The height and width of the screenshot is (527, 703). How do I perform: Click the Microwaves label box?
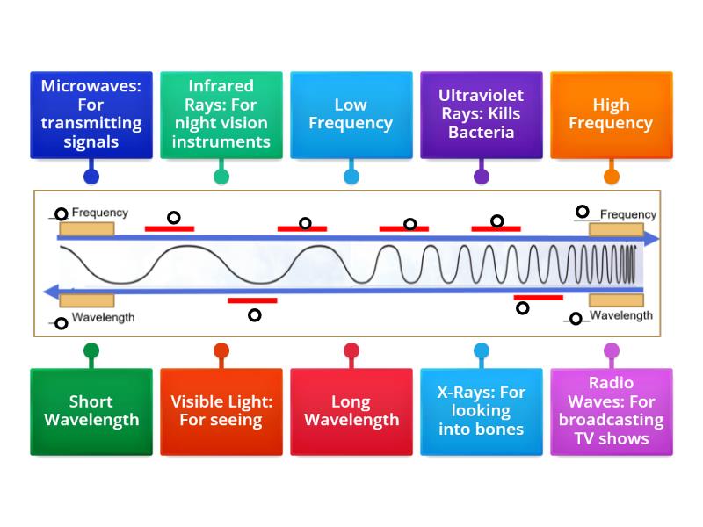(x=91, y=115)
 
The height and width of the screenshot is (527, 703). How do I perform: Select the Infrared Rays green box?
(x=221, y=115)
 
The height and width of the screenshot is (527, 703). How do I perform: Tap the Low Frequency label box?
(x=351, y=115)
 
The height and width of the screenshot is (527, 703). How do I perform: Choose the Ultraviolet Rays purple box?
(x=482, y=115)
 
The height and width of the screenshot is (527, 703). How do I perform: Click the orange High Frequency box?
(x=611, y=115)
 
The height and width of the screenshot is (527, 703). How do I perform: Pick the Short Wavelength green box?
(x=91, y=411)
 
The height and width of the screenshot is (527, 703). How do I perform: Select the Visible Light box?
(x=221, y=411)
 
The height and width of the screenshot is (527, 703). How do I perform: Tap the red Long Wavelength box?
(x=351, y=411)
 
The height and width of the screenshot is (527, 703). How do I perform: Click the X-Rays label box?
(x=482, y=411)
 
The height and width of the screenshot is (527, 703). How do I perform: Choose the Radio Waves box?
(x=611, y=411)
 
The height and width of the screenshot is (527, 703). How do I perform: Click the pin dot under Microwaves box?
(x=91, y=177)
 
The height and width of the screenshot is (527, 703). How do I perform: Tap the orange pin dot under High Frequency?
(x=611, y=177)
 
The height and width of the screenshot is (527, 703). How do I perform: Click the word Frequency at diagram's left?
(x=99, y=213)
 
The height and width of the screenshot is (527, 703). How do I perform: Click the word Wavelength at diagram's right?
(x=620, y=315)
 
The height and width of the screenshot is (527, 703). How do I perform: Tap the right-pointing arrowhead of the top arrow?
(x=651, y=239)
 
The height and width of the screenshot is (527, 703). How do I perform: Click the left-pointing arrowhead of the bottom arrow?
(x=53, y=292)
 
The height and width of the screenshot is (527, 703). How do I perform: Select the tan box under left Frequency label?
(x=85, y=228)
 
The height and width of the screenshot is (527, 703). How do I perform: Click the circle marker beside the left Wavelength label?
(x=61, y=323)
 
